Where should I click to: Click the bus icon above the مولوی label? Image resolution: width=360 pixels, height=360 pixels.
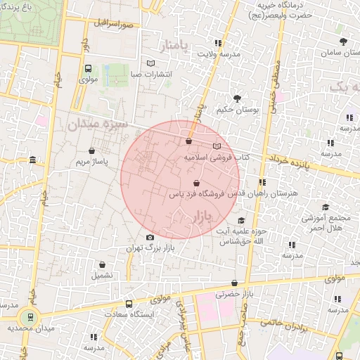click(x=88, y=69)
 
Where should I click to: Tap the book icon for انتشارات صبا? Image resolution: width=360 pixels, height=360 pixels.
click(x=150, y=63)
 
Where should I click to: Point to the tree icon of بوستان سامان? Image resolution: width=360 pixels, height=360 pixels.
click(x=343, y=41)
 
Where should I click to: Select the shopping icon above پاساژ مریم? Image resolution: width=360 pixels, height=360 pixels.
click(x=92, y=150)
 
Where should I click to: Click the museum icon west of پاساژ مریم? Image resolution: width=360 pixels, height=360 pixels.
click(x=34, y=162)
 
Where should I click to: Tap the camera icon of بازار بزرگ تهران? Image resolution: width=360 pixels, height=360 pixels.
click(x=150, y=237)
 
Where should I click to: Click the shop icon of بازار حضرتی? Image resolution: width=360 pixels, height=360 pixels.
click(x=234, y=284)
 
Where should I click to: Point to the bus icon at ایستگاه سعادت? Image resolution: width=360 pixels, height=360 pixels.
click(x=129, y=304)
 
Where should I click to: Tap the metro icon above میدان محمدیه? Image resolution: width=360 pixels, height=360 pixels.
click(x=29, y=316)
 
